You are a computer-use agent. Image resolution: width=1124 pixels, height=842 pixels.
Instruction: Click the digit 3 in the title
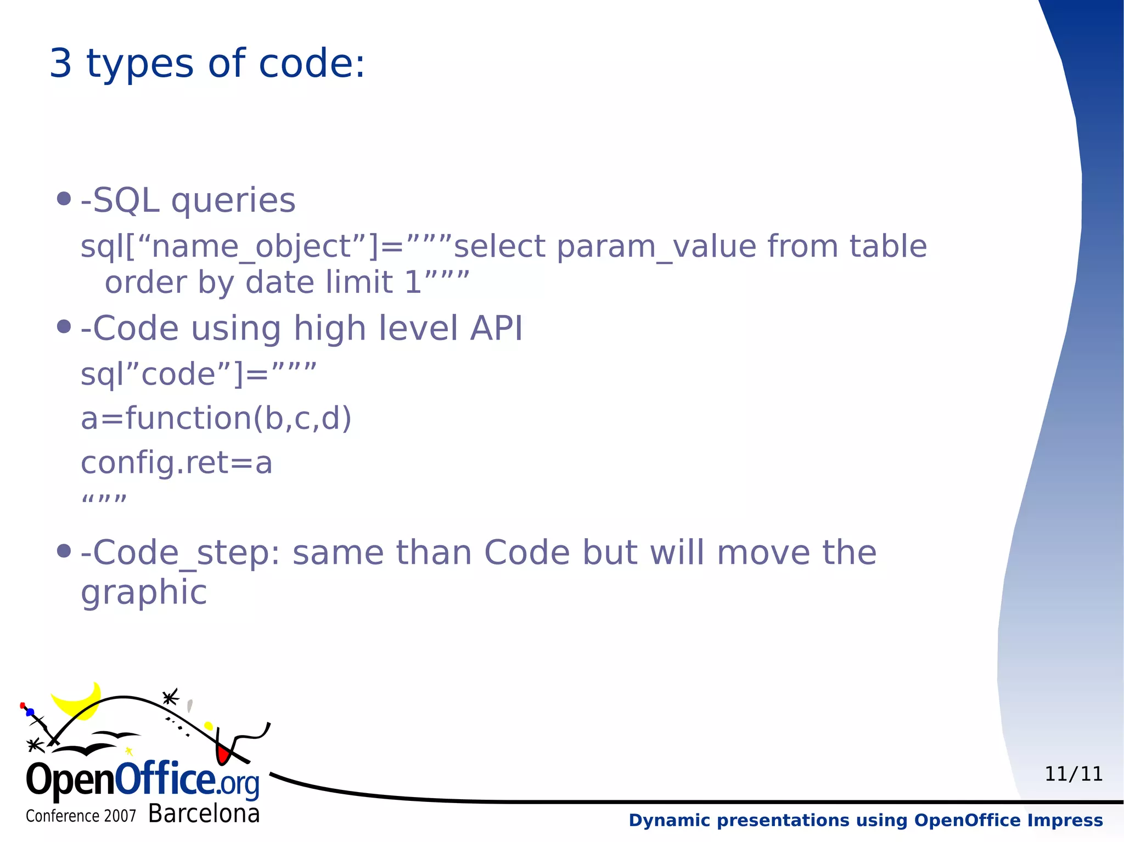(61, 64)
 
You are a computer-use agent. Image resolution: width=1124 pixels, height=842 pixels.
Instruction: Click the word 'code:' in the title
(311, 64)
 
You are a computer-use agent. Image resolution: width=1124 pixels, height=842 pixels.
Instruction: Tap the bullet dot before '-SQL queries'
(64, 199)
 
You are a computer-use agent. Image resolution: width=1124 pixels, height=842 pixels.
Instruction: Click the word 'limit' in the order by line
(359, 282)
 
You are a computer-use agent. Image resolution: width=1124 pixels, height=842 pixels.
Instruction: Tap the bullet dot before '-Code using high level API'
(64, 327)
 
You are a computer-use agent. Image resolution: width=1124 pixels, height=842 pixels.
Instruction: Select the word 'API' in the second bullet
(496, 329)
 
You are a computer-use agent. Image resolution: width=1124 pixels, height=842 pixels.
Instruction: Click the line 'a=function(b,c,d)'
(216, 419)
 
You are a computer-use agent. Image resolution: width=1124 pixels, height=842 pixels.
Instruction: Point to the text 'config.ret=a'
(176, 463)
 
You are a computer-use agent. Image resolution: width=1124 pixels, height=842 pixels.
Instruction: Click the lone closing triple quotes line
(104, 500)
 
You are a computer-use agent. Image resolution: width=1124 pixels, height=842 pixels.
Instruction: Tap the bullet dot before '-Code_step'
(64, 550)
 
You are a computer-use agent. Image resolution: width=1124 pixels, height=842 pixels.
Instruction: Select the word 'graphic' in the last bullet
(144, 593)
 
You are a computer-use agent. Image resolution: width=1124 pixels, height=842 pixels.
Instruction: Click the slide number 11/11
(1073, 774)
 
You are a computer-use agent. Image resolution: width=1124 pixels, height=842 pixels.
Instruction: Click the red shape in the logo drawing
(222, 754)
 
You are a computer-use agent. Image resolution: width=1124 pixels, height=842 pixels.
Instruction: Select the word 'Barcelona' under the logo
(204, 813)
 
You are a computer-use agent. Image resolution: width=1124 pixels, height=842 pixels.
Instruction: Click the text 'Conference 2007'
(81, 816)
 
